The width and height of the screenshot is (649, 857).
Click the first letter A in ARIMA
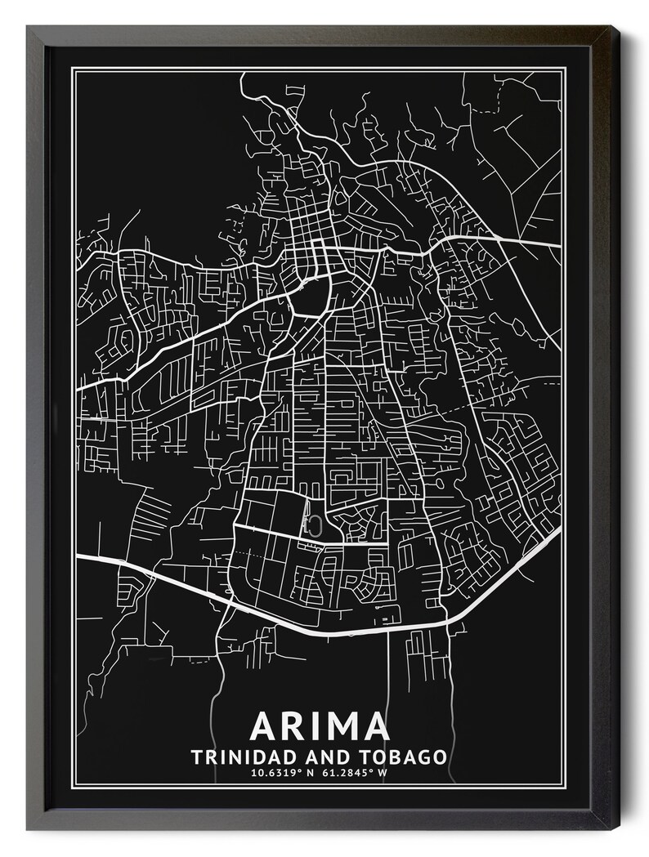coord(266,727)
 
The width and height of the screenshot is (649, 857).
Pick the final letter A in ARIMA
coord(375,727)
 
